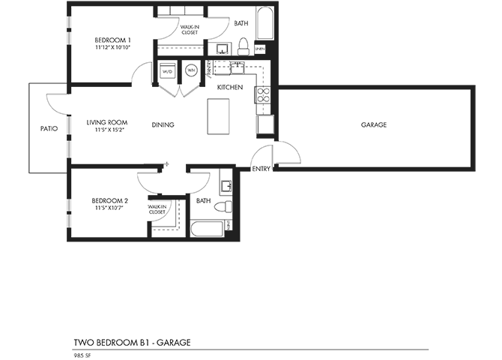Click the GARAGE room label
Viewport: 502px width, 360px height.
point(373,124)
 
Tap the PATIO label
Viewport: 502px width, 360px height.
point(49,128)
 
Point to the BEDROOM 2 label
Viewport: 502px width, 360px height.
point(109,200)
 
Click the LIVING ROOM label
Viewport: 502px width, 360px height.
point(106,121)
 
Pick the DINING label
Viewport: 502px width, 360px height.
point(163,124)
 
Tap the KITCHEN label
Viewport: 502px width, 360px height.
point(230,88)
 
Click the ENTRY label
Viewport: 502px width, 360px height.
point(261,169)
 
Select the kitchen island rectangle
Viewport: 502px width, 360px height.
point(219,117)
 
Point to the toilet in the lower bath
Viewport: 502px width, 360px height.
point(222,206)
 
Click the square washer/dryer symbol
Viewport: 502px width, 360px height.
point(167,71)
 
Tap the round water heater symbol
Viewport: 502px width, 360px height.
point(190,71)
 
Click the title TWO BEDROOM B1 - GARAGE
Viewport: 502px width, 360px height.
point(132,343)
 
